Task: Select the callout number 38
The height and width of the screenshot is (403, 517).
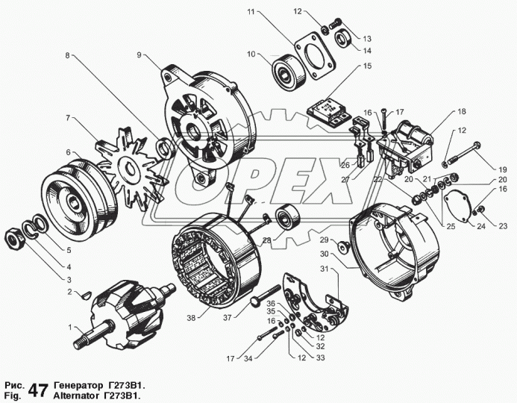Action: tap(192, 318)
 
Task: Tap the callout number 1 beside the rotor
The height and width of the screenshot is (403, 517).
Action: tap(71, 328)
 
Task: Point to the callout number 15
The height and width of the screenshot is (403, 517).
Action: tap(367, 66)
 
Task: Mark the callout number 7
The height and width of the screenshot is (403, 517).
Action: tap(67, 118)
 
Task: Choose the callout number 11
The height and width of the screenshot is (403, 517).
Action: tap(251, 13)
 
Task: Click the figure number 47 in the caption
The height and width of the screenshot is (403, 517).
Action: tap(40, 390)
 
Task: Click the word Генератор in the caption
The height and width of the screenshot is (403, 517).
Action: tap(81, 384)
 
